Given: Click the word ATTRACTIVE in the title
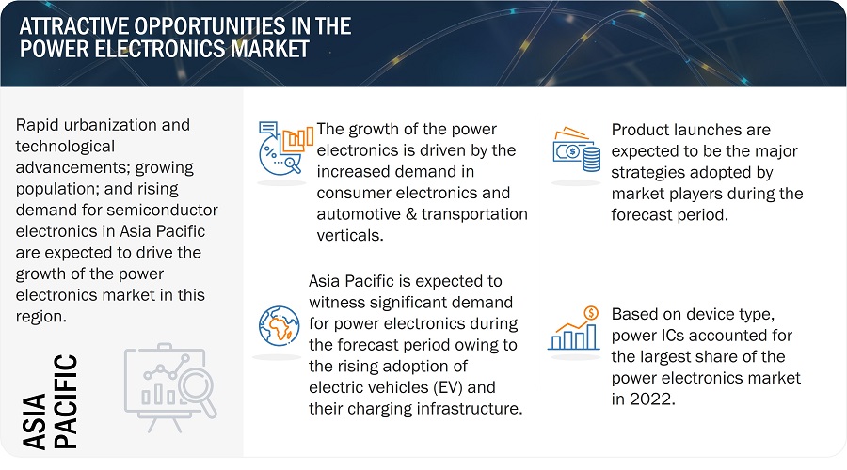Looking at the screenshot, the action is tap(73, 26).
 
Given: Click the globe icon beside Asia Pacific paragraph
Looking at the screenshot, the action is tap(279, 326).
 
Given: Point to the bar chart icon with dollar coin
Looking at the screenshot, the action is tap(574, 328).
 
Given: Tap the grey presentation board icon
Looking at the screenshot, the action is tap(170, 387).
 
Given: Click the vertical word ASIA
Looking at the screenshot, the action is tap(34, 421).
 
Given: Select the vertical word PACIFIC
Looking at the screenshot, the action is tap(66, 401).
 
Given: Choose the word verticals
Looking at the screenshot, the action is tap(350, 235).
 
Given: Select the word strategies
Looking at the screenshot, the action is tap(647, 172).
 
